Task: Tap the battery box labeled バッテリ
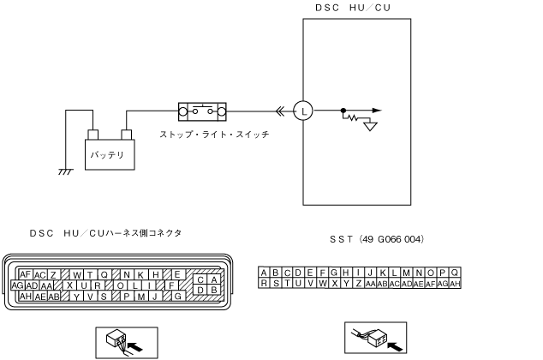[x=108, y=154]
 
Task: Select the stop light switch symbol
[x=202, y=111]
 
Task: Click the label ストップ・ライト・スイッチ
[x=214, y=135]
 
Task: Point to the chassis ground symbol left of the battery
[x=64, y=171]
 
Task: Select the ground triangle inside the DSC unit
[x=371, y=125]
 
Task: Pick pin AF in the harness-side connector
[x=25, y=274]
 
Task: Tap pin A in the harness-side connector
[x=211, y=279]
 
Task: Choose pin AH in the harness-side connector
[x=25, y=297]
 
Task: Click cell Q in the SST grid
[x=456, y=273]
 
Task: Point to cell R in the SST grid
[x=264, y=283]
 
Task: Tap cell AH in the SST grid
[x=456, y=283]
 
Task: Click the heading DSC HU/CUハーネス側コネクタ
[x=105, y=232]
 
